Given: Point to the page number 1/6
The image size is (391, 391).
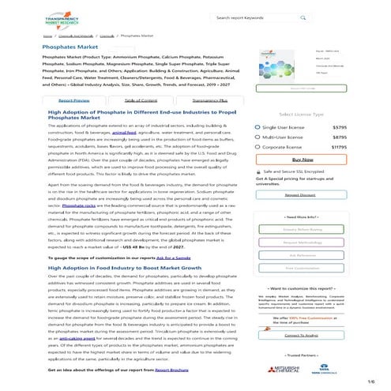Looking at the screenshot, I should [x=370, y=382].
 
